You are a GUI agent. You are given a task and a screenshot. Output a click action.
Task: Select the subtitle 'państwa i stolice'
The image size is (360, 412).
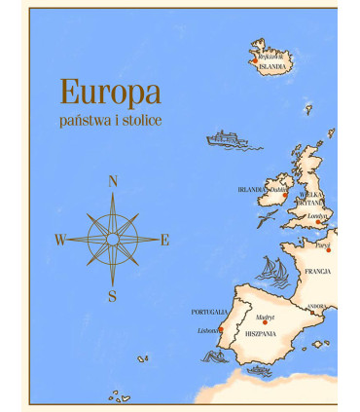[110, 120]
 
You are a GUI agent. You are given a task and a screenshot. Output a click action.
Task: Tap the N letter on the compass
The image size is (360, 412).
[113, 181]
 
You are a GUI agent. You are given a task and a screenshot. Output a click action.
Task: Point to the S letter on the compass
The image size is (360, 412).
[113, 296]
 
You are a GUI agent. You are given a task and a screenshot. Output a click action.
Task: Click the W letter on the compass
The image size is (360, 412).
[60, 240]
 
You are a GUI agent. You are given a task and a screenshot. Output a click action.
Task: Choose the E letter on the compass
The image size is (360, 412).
[164, 240]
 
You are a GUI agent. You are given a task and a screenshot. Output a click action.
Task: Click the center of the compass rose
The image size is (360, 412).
[113, 239]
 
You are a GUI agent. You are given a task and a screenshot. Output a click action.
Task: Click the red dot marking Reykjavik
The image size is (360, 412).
[255, 60]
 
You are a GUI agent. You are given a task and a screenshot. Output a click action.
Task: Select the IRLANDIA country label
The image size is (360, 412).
[252, 190]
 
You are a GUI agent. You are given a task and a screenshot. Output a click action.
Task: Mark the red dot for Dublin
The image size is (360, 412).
[285, 195]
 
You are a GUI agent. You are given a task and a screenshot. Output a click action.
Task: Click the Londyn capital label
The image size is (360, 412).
[317, 216]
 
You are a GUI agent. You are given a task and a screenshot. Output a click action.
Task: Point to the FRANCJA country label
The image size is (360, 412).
[317, 272]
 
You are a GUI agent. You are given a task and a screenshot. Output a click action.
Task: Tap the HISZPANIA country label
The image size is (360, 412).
[261, 333]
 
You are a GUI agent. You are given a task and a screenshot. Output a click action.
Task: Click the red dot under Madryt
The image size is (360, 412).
[265, 323]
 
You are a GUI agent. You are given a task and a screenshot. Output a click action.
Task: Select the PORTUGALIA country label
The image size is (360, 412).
[208, 312]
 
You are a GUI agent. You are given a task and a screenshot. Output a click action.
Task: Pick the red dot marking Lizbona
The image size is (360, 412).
[221, 330]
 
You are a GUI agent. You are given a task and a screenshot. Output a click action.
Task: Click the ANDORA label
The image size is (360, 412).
[317, 307]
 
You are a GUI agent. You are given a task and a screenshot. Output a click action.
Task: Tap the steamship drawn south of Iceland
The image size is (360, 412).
[228, 139]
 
